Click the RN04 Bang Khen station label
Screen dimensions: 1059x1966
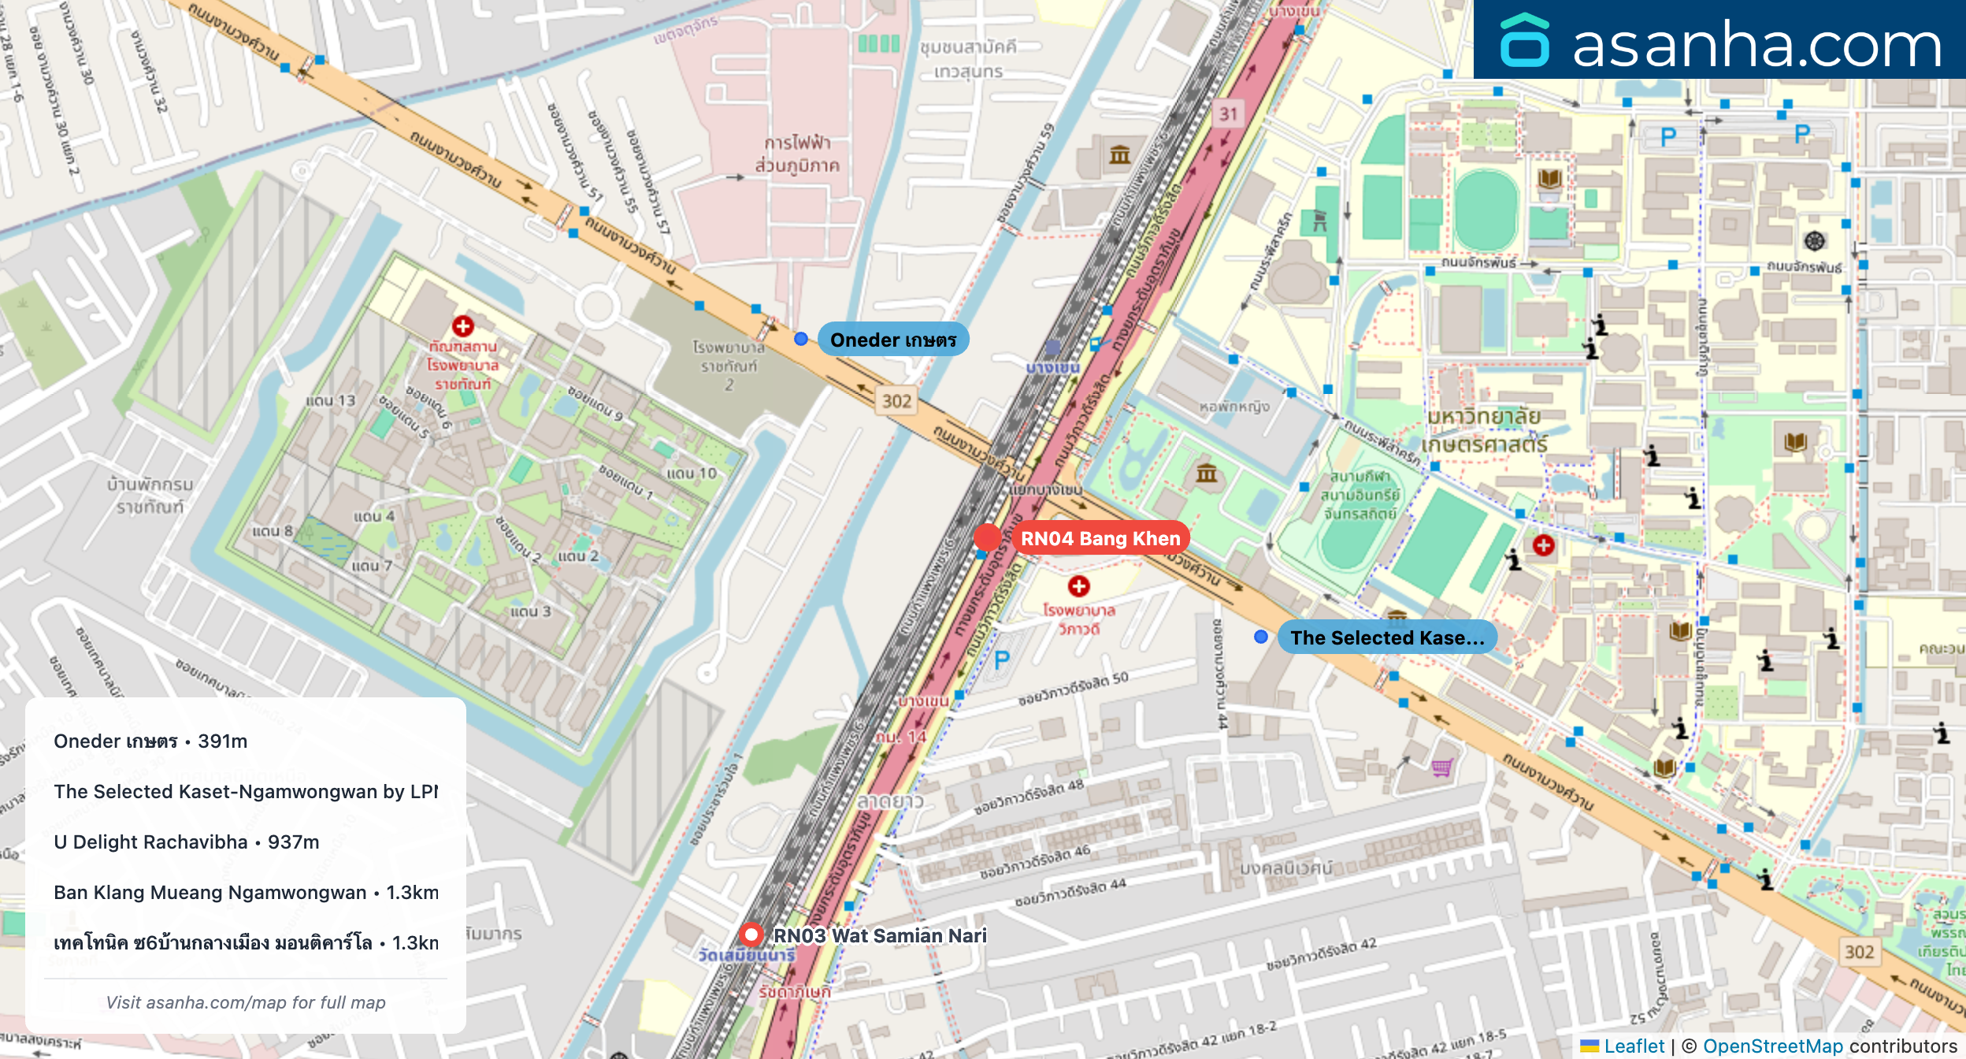(x=1100, y=538)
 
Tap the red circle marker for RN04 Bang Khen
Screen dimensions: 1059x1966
(x=987, y=538)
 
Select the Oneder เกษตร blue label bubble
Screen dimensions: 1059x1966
(x=892, y=340)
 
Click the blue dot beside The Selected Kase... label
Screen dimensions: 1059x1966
(x=1260, y=637)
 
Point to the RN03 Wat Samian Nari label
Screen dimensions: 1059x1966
(x=879, y=935)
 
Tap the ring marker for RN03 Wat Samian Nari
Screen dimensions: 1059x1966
(x=751, y=935)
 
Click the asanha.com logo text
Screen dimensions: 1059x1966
(x=1756, y=44)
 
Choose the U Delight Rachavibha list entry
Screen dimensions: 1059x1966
(x=187, y=842)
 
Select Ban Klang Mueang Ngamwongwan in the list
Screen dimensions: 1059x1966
(x=246, y=892)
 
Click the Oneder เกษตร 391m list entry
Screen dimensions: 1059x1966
(x=150, y=741)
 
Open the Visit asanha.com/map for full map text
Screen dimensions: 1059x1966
(x=246, y=1002)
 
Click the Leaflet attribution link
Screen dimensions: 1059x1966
(x=1634, y=1046)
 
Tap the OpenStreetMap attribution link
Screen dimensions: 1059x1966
(x=1772, y=1046)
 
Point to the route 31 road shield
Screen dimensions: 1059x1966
(x=1228, y=113)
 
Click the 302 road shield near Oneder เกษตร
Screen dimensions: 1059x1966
(x=896, y=401)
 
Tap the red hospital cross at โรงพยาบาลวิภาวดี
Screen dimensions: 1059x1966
(x=1078, y=586)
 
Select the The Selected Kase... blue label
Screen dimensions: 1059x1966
(x=1386, y=637)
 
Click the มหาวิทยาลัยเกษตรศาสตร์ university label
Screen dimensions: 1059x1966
(x=1484, y=430)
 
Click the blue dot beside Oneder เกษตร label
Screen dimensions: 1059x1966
(x=800, y=339)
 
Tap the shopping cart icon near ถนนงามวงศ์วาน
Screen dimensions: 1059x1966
(x=1442, y=767)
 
